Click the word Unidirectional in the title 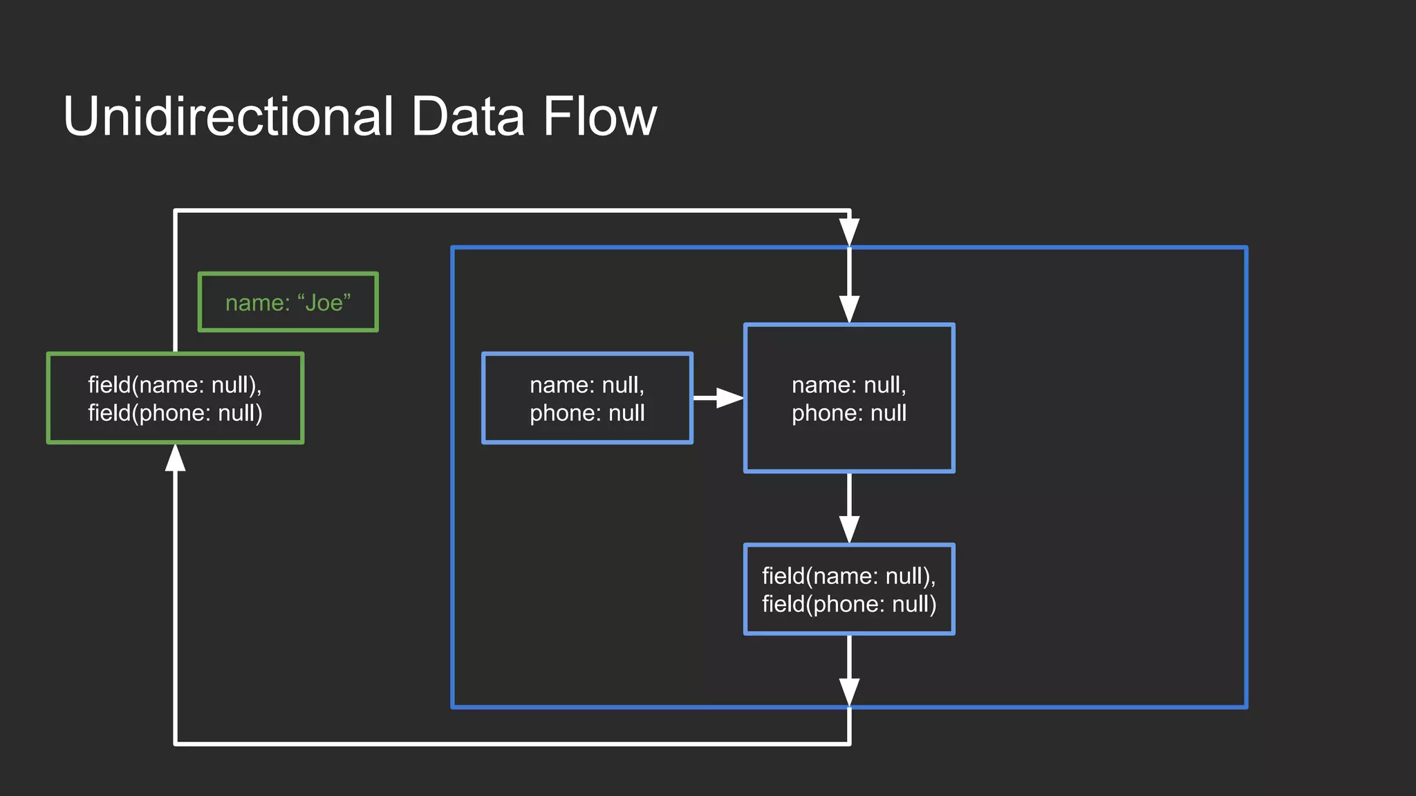(x=228, y=116)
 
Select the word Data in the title (x=467, y=116)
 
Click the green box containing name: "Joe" (x=288, y=302)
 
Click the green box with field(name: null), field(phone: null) (x=175, y=398)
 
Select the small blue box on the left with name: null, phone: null (x=587, y=398)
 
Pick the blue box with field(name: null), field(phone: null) (x=849, y=589)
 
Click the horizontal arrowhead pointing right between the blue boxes (x=729, y=398)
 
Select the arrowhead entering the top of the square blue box (x=849, y=308)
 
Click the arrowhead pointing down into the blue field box (x=849, y=529)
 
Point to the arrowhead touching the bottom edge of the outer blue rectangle (x=849, y=691)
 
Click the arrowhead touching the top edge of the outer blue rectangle (x=849, y=231)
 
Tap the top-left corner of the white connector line (x=176, y=211)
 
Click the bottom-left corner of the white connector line (x=176, y=743)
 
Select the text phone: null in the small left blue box (x=587, y=413)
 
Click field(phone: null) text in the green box (x=175, y=413)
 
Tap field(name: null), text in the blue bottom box (x=849, y=576)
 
